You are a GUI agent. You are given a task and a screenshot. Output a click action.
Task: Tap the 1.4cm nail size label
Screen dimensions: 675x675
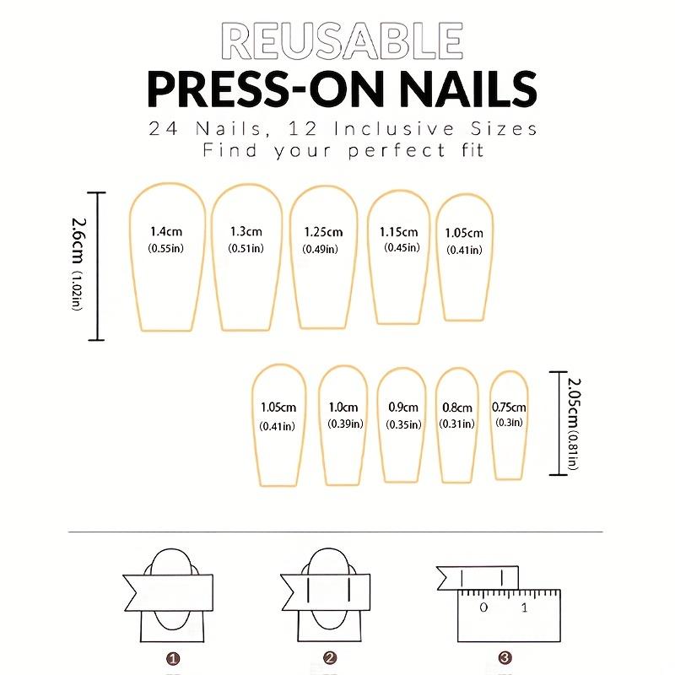[x=166, y=231]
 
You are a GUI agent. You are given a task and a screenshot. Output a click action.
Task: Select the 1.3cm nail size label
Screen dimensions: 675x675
[x=246, y=231]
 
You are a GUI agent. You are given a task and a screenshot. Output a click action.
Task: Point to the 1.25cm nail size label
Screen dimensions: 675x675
[x=323, y=232]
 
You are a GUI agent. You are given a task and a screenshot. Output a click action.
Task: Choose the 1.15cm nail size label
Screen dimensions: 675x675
[x=398, y=231]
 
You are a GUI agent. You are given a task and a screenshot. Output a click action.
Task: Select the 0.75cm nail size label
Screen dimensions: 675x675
[x=509, y=406]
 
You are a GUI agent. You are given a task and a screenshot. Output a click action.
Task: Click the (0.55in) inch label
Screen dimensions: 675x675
[x=166, y=248]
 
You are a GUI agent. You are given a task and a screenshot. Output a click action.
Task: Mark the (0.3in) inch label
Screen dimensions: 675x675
[x=509, y=423]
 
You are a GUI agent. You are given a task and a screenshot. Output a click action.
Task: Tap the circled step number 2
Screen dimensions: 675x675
[x=330, y=657]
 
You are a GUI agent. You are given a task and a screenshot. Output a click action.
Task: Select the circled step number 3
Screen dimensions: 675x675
[x=505, y=657]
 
